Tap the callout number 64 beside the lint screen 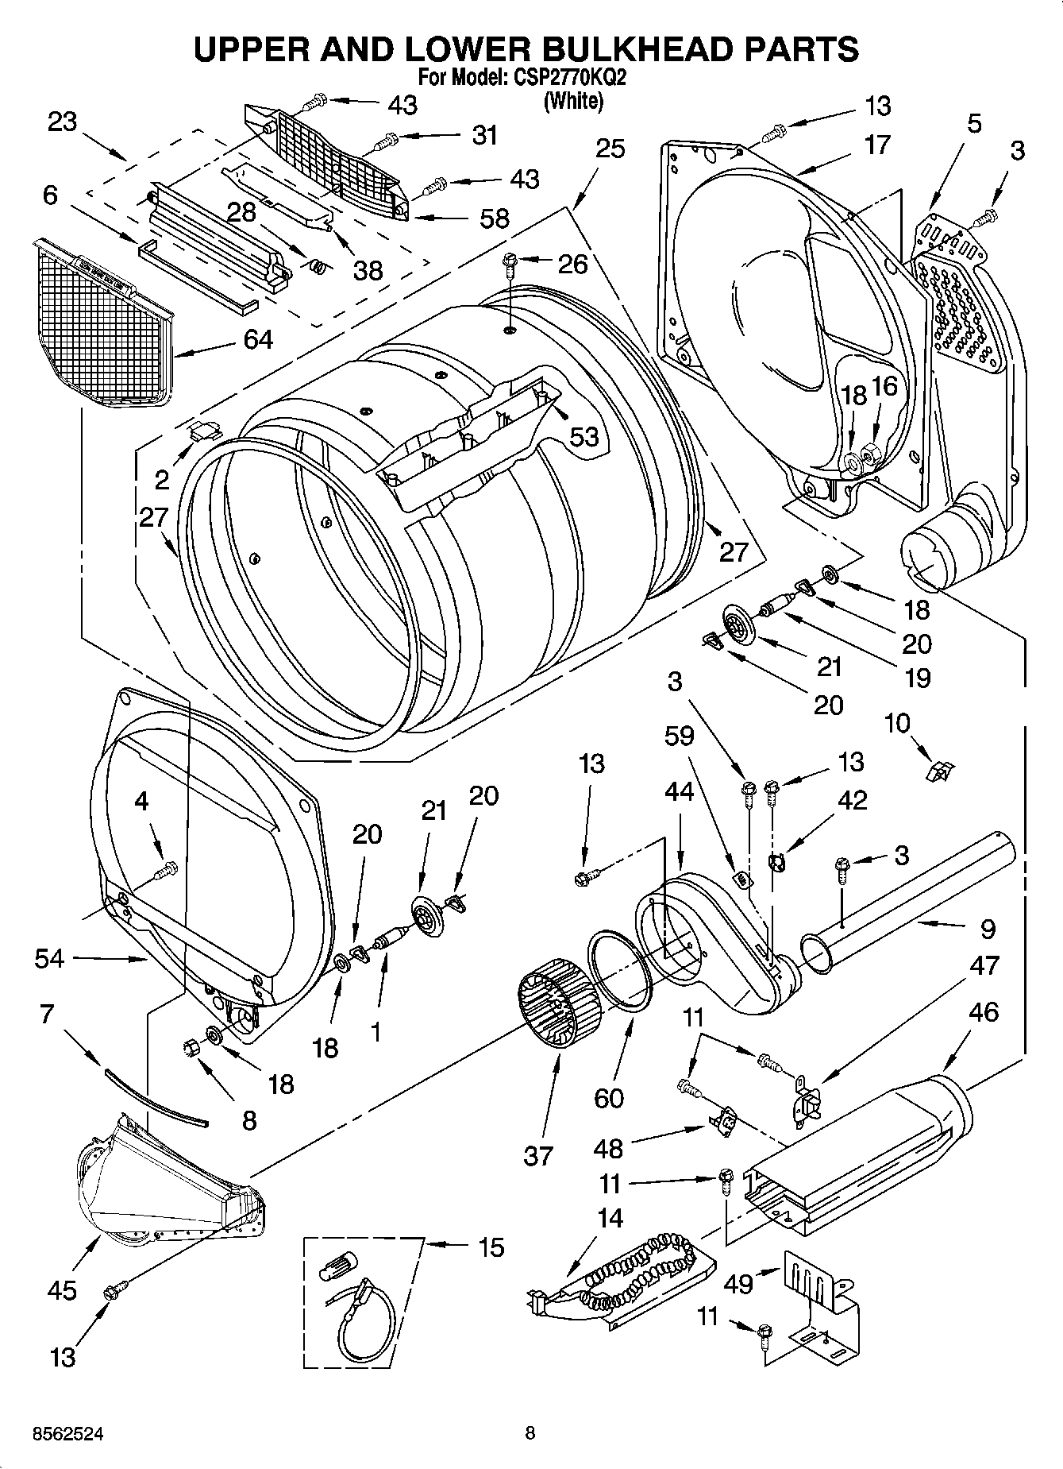tap(258, 339)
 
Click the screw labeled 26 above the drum tap(509, 259)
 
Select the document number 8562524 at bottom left tap(67, 1434)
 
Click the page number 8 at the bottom tap(530, 1433)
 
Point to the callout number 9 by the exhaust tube tap(988, 927)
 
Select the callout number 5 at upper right tap(974, 123)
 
